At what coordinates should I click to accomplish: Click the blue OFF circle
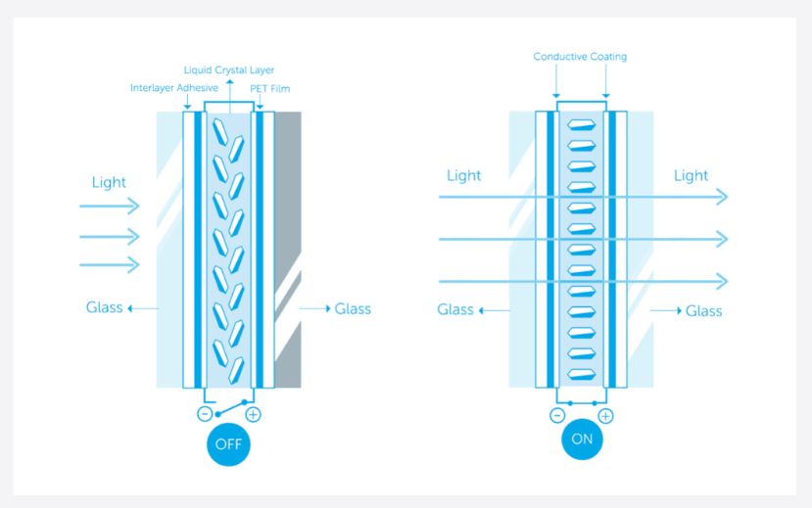coord(228,446)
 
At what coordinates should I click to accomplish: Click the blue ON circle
coord(582,439)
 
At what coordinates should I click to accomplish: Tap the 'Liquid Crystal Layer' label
coord(229,70)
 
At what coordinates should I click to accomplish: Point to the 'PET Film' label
coord(270,89)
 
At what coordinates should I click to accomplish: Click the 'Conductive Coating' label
coord(580,57)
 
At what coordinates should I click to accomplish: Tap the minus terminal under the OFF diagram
coord(204,414)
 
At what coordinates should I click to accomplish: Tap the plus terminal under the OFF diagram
coord(253,414)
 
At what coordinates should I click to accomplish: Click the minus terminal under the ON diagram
coord(557,415)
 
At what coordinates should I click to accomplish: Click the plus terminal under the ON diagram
coord(605,415)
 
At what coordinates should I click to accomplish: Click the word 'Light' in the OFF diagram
coord(109,182)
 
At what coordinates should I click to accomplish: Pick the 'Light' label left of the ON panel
coord(463,176)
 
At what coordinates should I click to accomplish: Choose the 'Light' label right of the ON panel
coord(691,176)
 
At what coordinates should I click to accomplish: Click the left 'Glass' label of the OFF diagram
coord(104,308)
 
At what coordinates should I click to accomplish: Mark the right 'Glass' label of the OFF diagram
coord(353,309)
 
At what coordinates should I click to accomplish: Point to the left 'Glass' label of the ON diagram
coord(455,310)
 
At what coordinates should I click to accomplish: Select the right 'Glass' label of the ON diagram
coord(703,311)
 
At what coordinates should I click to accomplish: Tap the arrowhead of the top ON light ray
coord(723,197)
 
